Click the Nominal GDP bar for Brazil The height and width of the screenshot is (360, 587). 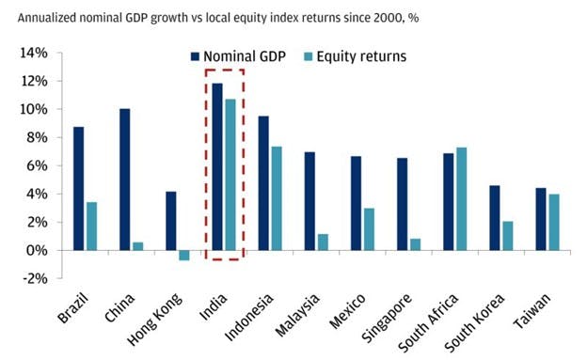[78, 188]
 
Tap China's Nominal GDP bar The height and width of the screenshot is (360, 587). [124, 180]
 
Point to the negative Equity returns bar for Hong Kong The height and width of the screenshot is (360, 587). [184, 255]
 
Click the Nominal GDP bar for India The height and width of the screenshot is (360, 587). [217, 166]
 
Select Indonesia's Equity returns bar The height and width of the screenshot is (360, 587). [277, 198]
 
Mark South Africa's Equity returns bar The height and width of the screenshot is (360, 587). [461, 198]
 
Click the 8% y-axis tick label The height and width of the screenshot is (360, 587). [36, 137]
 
